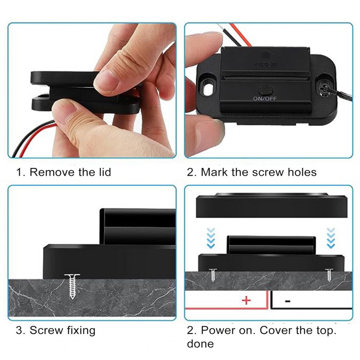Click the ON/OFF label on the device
(265, 98)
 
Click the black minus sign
(288, 301)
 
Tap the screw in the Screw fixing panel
(73, 286)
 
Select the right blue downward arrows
(331, 237)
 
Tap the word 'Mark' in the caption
(214, 172)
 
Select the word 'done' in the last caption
(200, 343)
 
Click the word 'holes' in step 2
(302, 172)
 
